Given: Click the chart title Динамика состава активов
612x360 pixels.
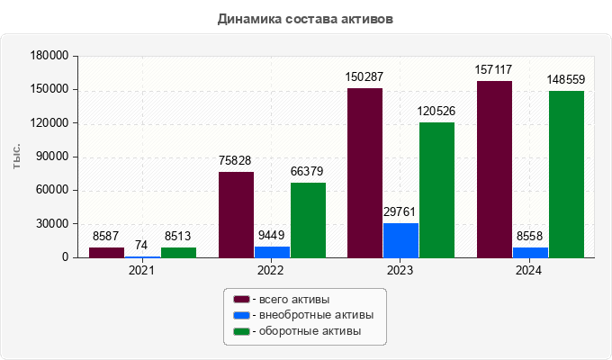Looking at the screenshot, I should pos(305,18).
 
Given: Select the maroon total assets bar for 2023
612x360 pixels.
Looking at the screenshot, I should pos(364,173).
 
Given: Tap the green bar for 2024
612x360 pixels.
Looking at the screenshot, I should pos(566,174).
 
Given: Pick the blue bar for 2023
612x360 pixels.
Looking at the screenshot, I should pos(400,240).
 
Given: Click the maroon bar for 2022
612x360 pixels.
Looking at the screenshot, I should pos(236,214).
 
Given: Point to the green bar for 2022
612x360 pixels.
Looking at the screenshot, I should pos(308,220).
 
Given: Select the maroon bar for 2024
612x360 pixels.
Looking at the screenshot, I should pos(494,169).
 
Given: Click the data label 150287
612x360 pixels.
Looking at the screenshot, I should pos(364,77).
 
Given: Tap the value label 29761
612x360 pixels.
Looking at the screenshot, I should pos(400,212).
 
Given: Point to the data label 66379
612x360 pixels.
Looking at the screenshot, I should pos(308,172).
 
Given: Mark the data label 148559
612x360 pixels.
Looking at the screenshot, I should pos(566,79).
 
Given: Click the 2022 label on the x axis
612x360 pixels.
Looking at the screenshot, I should pos(270,270).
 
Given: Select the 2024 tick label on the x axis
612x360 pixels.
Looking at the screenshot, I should pos(529,270).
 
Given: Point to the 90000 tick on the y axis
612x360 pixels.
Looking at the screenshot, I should pos(52,157).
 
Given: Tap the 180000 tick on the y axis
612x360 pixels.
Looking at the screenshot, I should pos(49,56).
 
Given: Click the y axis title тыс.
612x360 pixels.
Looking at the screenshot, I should pos(16,156).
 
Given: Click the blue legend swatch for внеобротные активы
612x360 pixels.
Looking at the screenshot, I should pos(240,315).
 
